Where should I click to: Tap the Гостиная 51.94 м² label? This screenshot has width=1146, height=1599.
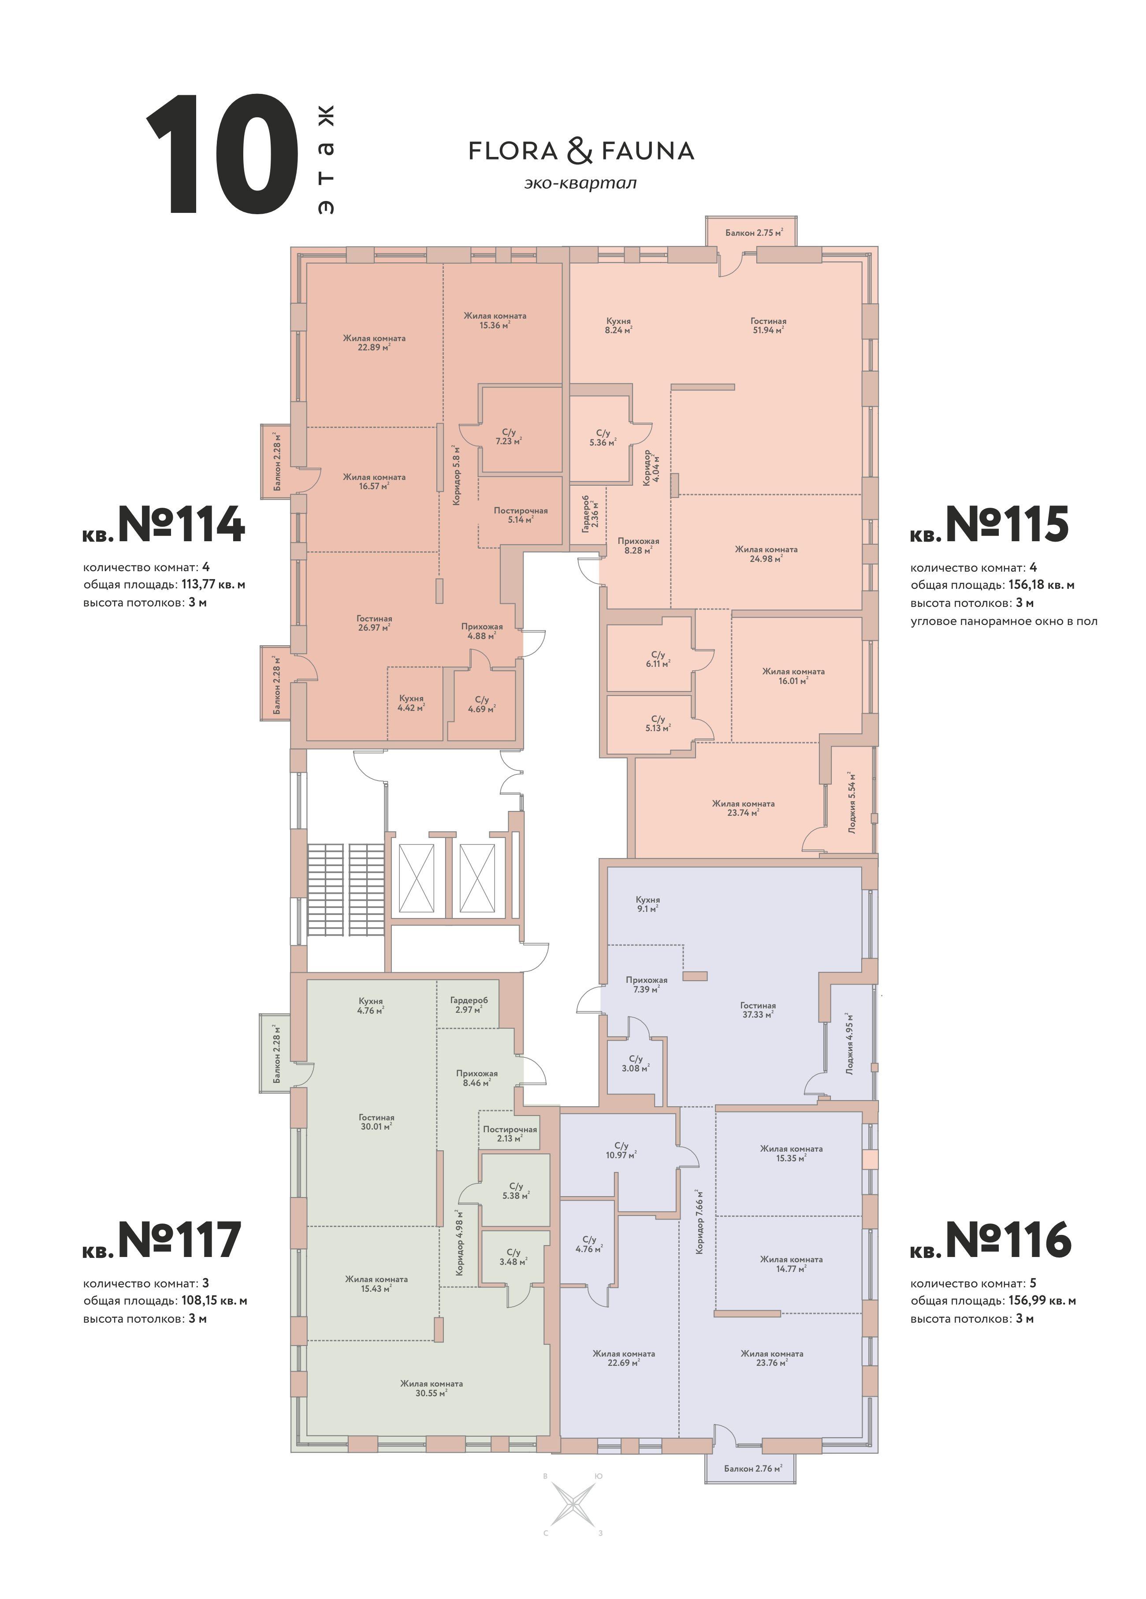768,325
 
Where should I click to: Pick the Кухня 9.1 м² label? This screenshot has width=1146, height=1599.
647,904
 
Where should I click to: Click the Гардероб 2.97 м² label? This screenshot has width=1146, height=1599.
469,1004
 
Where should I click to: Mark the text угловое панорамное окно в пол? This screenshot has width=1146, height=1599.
1004,621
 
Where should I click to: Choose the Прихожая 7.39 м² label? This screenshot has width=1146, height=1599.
646,984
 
